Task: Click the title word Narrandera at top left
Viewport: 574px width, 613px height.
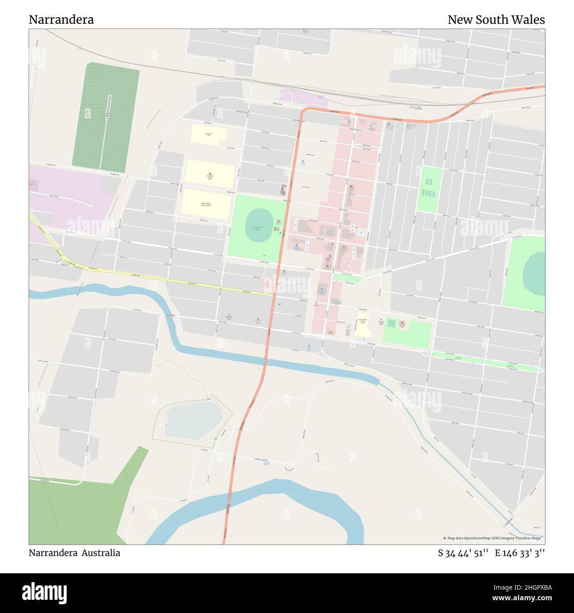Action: point(61,20)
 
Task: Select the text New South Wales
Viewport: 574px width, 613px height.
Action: point(496,20)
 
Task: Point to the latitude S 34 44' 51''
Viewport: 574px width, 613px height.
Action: point(463,553)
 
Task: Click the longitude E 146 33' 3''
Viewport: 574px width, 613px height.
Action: point(520,553)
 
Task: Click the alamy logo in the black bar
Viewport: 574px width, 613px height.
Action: point(44,592)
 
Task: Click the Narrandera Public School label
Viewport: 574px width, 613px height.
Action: point(206,205)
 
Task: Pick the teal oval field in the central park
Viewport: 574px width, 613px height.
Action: point(259,225)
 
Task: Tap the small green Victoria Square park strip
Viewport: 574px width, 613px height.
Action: point(347,277)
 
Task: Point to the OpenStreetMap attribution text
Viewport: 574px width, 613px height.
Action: point(494,538)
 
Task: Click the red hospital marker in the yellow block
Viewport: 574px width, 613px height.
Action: point(210,174)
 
